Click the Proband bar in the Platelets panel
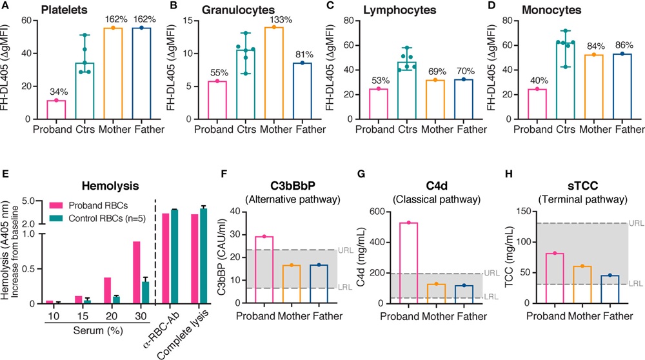click(56, 110)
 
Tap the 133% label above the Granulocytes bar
click(261, 19)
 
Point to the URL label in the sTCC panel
click(636, 223)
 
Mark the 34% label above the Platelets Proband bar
click(56, 92)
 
